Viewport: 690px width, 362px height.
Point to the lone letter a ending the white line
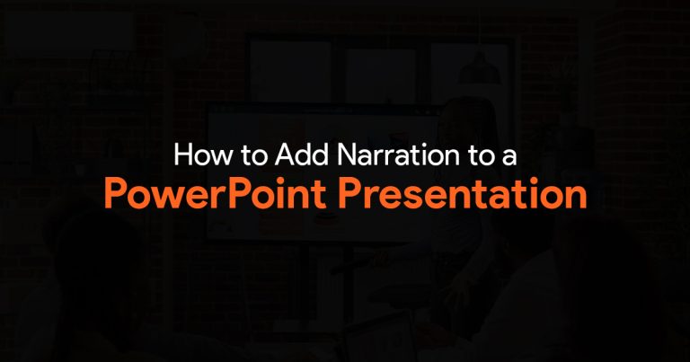tap(509, 156)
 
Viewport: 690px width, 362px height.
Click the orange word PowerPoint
tap(216, 192)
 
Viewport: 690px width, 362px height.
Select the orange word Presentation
tap(463, 192)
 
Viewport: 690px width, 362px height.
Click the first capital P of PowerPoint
tap(116, 192)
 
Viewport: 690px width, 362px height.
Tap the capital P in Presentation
tap(349, 192)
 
